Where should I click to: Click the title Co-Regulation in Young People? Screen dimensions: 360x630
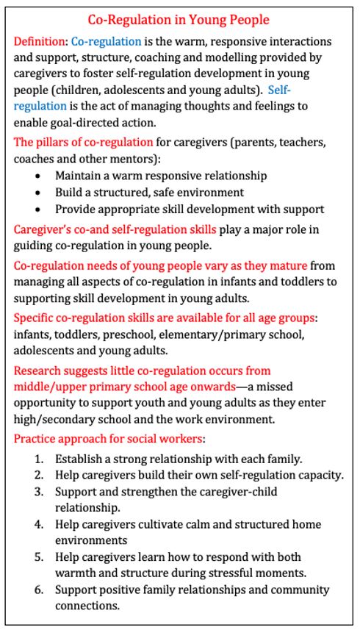click(179, 20)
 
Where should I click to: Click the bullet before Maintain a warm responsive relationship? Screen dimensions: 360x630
click(38, 176)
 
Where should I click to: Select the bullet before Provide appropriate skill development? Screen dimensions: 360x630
click(38, 210)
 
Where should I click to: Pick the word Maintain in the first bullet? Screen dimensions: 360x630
click(79, 176)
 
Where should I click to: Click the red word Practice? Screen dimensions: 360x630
click(37, 439)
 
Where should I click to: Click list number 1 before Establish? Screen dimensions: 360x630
click(40, 459)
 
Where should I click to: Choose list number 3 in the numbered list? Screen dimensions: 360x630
click(40, 492)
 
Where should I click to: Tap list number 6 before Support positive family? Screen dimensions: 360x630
click(40, 590)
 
